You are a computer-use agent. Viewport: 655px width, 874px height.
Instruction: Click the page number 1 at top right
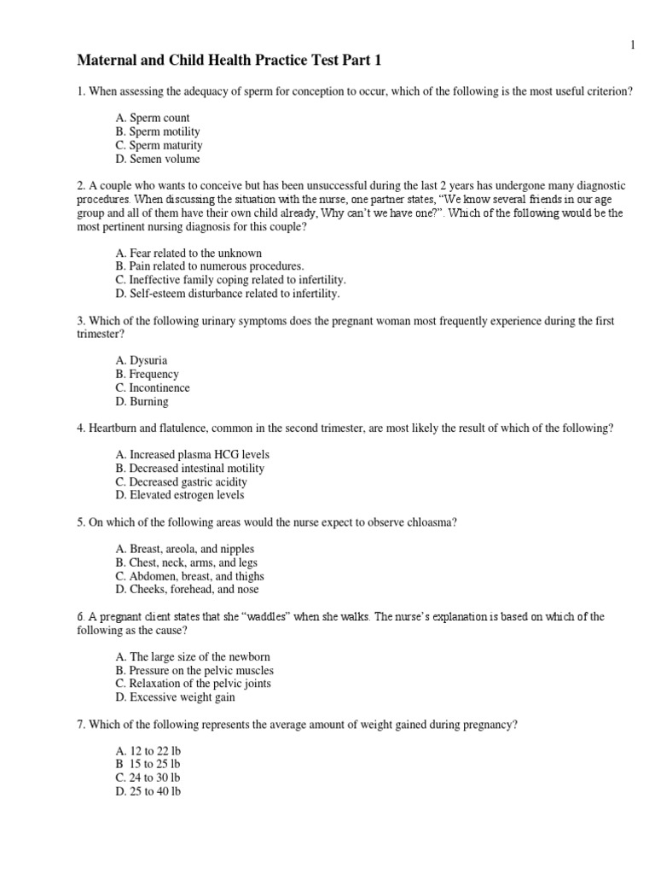tap(634, 44)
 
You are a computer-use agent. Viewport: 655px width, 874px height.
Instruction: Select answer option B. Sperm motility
tap(157, 131)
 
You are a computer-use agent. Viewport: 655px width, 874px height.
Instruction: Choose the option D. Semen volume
tap(157, 159)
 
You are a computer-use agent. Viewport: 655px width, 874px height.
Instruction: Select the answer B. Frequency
tap(146, 375)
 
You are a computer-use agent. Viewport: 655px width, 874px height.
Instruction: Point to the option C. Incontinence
tap(152, 388)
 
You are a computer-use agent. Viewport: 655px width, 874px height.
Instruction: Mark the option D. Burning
tap(142, 401)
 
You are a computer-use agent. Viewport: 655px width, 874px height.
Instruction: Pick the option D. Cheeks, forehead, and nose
tap(187, 590)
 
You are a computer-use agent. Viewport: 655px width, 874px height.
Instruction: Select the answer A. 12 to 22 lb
tap(148, 751)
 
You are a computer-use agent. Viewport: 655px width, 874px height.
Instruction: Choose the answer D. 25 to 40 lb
tap(148, 791)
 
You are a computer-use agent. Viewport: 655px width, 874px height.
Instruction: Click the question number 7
tap(80, 725)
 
